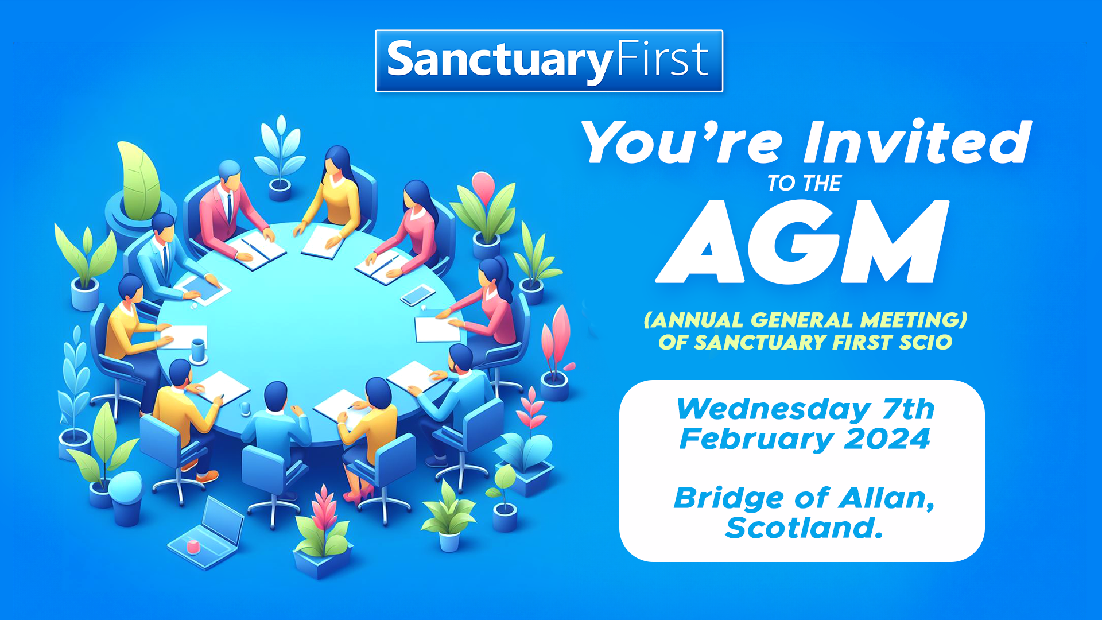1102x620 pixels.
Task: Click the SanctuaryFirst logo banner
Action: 549,61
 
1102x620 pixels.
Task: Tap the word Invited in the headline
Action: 917,142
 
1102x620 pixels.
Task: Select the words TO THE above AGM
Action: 804,184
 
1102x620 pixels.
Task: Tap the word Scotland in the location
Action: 804,528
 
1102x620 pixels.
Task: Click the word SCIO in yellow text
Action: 925,343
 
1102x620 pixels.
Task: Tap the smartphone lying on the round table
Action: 418,295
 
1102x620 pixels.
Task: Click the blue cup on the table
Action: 198,350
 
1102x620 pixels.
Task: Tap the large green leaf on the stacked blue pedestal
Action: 139,180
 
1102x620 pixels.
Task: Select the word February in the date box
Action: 756,439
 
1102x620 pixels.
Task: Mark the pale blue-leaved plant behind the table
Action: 280,149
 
